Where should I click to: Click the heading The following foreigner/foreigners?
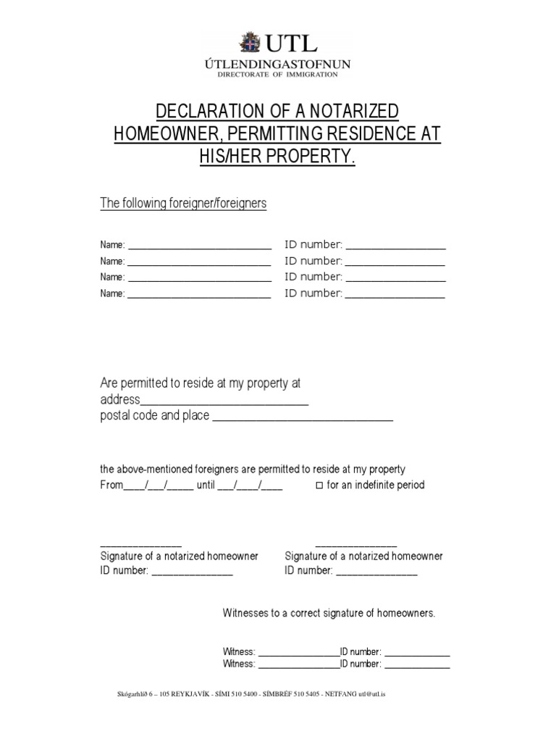183,204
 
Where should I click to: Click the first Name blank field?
199,247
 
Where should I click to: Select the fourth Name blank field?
199,295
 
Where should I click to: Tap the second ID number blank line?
395,263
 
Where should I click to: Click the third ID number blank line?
395,279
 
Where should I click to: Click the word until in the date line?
206,485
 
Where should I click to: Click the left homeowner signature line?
140,545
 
